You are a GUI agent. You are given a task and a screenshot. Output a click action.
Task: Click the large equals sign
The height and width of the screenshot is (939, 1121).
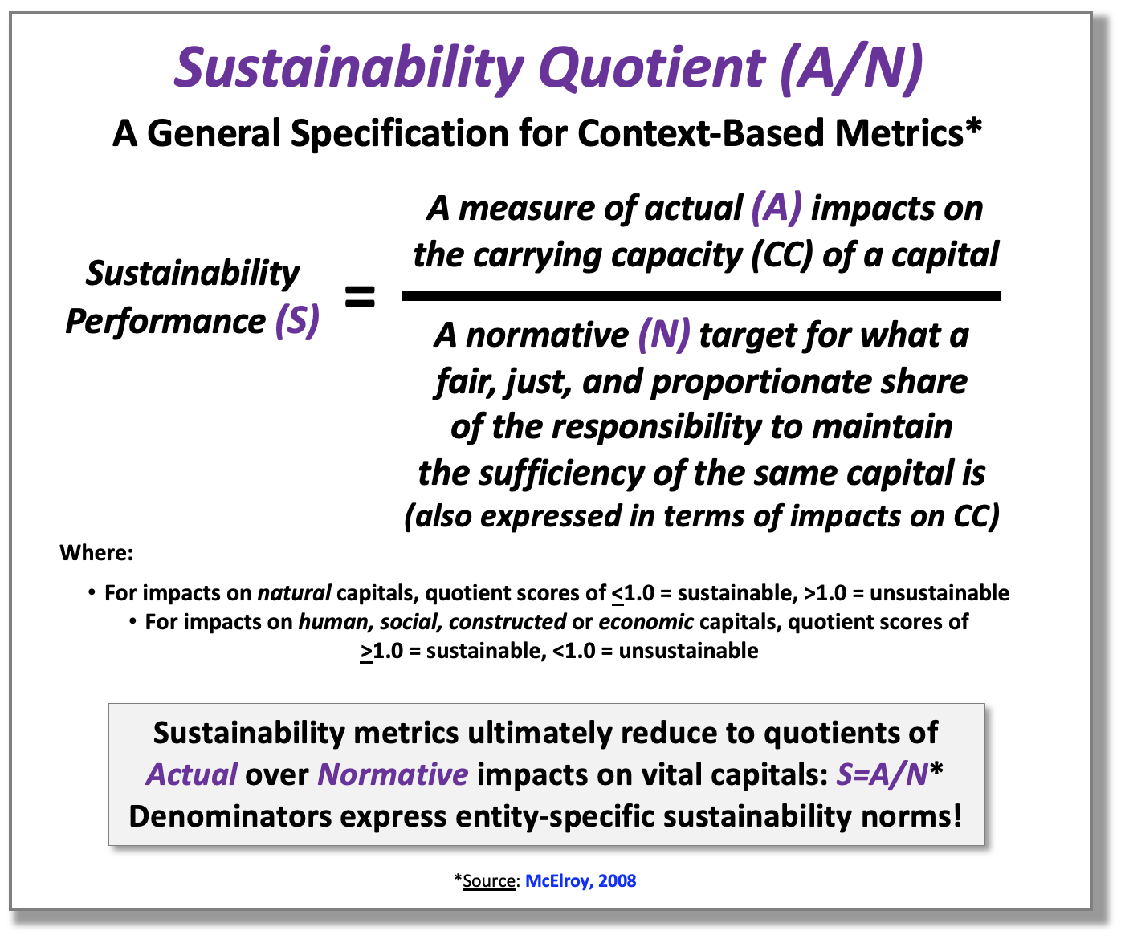coord(360,296)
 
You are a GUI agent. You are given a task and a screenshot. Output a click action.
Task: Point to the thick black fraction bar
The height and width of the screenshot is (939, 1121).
coord(701,296)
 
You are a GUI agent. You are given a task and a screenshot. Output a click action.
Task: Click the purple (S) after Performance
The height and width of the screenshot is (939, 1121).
coord(297,321)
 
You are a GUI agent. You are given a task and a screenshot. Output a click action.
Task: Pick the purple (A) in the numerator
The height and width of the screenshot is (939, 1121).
coord(777,208)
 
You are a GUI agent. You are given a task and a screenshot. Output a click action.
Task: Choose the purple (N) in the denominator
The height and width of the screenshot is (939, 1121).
coord(664,335)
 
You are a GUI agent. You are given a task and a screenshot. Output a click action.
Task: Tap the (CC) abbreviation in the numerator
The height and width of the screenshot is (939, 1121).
coord(782,255)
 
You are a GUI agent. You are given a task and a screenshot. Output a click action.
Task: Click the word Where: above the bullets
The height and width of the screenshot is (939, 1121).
coord(96,553)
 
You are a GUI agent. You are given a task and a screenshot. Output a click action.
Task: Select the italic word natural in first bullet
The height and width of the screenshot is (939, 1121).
coord(294,593)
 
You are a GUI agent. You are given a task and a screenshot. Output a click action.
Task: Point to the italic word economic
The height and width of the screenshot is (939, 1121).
coord(646,622)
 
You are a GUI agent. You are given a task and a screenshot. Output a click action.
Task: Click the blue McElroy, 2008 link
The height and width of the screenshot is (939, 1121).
coord(581,880)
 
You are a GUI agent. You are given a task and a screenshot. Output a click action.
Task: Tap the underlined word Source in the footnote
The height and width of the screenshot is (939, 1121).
coord(489,881)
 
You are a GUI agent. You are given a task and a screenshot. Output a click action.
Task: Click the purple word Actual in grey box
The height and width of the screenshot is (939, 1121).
coord(191,774)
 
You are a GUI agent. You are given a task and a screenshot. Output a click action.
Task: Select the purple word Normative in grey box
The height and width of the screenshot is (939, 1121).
coord(393,774)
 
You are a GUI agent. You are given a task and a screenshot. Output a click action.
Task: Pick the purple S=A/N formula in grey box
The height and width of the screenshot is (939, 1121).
coord(882,774)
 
